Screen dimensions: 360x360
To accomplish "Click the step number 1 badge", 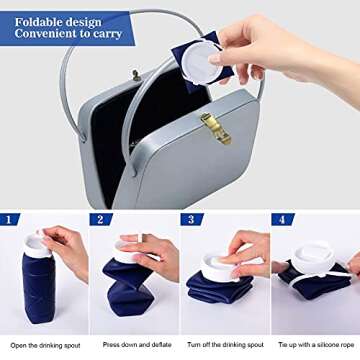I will point(11,219).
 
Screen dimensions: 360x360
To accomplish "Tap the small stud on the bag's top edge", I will point(136,75).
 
